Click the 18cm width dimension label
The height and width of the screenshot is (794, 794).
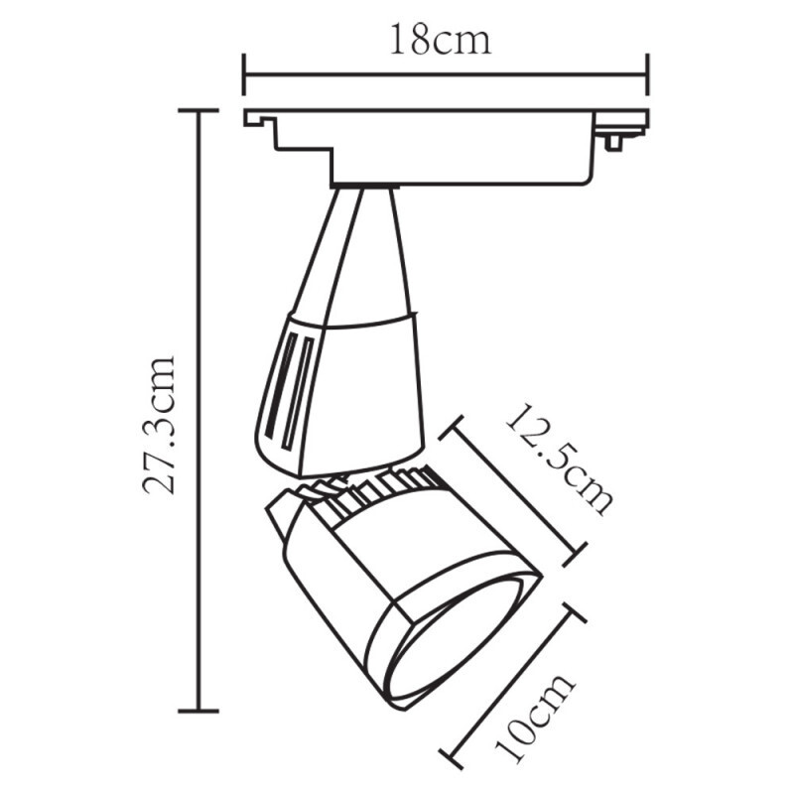point(441,41)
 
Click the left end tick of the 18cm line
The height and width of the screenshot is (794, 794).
point(244,74)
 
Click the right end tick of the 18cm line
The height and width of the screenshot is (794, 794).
point(648,74)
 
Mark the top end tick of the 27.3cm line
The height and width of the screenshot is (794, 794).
point(198,111)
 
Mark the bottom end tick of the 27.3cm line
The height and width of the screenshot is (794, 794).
point(198,710)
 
